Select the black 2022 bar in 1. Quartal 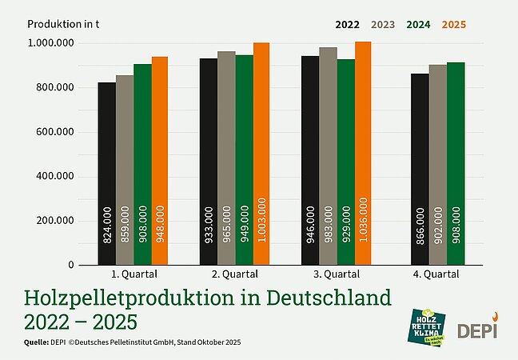click(107, 173)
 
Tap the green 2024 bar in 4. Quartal click(455, 163)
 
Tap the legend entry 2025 click(452, 24)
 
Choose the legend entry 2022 click(347, 24)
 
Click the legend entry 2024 click(418, 24)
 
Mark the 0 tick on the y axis click(70, 265)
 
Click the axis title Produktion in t click(63, 22)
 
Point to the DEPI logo click(477, 327)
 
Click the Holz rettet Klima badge click(427, 326)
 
